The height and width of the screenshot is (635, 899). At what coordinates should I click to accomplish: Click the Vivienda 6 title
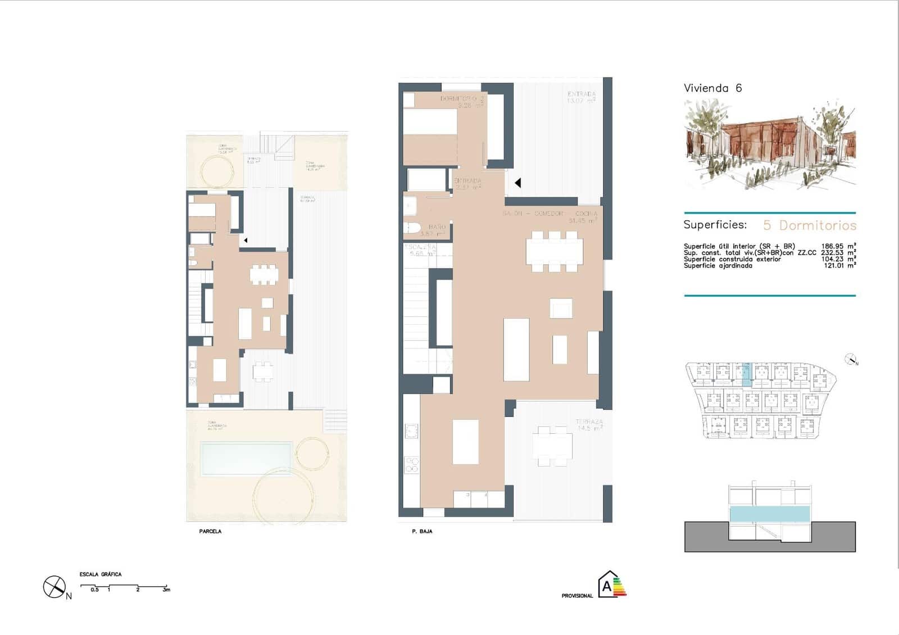712,88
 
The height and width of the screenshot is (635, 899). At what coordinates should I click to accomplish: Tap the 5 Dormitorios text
809,225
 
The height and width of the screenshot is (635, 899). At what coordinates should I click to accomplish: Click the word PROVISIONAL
577,596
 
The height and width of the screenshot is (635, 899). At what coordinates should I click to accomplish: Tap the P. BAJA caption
422,531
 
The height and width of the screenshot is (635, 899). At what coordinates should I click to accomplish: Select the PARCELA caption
210,531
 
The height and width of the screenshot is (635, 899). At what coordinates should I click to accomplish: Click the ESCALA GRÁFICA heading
101,574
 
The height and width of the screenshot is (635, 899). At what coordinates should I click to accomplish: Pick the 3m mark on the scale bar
166,589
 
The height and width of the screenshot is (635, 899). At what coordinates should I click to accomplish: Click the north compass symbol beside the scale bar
54,587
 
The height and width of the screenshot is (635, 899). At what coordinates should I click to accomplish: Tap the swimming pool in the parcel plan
246,458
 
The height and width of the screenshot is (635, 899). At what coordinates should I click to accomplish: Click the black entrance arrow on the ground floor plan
518,183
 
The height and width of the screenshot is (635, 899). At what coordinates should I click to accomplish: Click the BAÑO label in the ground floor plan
437,227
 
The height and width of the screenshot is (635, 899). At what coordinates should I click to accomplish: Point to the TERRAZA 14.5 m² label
589,425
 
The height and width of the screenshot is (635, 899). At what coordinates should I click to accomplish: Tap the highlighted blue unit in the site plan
746,374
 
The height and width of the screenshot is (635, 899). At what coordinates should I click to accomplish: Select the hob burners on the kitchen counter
412,464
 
